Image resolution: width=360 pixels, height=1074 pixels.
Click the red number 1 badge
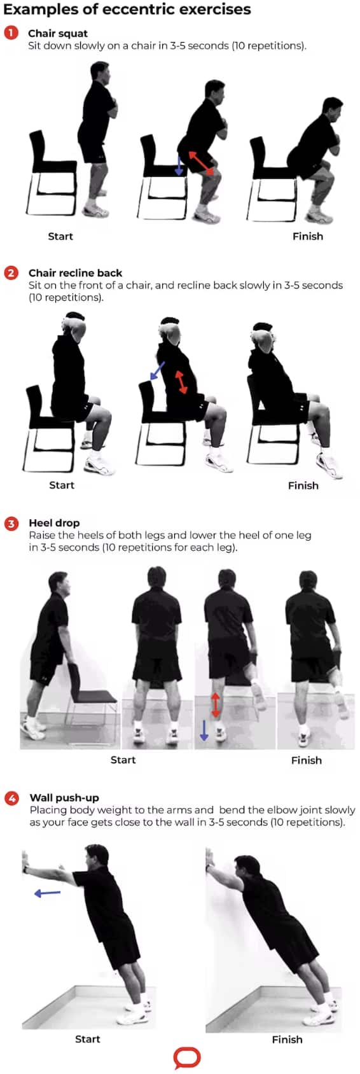coord(11,33)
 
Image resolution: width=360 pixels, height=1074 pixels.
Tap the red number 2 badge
coord(11,273)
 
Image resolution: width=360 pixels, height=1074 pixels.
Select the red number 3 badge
coord(11,522)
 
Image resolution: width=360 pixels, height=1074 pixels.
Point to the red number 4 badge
coord(11,798)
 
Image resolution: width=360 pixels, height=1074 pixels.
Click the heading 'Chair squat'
coord(58,34)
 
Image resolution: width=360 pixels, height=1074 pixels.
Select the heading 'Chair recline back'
coord(75,273)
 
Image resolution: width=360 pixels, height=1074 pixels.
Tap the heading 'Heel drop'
coord(54,522)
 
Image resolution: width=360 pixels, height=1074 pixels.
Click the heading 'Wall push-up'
coord(64,798)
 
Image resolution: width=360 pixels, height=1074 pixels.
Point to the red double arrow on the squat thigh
coord(200,162)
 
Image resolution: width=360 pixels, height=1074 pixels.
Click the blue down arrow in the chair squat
coord(179,165)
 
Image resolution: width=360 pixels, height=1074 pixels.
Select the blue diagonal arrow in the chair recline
coord(157,371)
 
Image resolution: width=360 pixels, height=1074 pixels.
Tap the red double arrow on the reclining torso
coord(181,382)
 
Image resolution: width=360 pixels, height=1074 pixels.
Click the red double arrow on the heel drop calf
coord(216,705)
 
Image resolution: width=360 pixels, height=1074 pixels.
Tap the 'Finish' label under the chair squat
coord(308,236)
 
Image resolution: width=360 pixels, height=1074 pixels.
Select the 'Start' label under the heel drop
coord(123,760)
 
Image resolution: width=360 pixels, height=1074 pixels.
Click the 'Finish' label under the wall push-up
coord(287,1040)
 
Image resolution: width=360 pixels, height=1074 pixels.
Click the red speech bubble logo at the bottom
coord(187,1059)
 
